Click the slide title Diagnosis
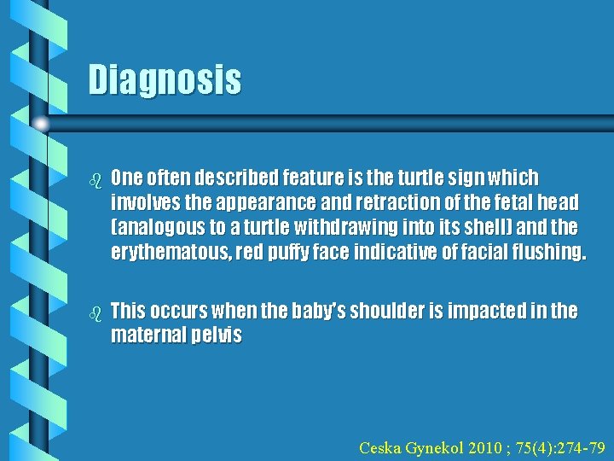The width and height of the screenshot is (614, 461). [x=165, y=80]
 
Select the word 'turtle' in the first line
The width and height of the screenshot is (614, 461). [x=385, y=178]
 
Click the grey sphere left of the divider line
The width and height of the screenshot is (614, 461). [x=40, y=124]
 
